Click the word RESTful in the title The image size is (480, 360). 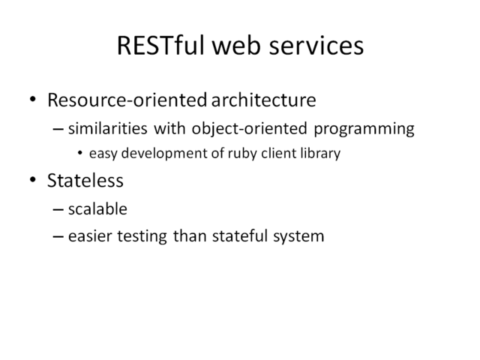click(160, 45)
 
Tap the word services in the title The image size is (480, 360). click(316, 46)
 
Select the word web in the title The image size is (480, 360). click(236, 45)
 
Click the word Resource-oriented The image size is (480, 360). click(127, 100)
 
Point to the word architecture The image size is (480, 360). click(263, 100)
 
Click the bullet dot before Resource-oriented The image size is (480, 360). click(33, 99)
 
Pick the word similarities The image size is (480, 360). click(108, 128)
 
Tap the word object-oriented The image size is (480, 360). click(250, 129)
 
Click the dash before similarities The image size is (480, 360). click(58, 129)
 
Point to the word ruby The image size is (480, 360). click(242, 153)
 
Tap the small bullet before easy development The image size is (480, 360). click(80, 153)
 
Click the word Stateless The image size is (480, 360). click(85, 180)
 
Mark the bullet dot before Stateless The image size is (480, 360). click(33, 180)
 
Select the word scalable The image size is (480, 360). click(97, 209)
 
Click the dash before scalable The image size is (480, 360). click(58, 210)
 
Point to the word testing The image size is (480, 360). click(142, 236)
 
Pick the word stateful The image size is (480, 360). click(240, 236)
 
